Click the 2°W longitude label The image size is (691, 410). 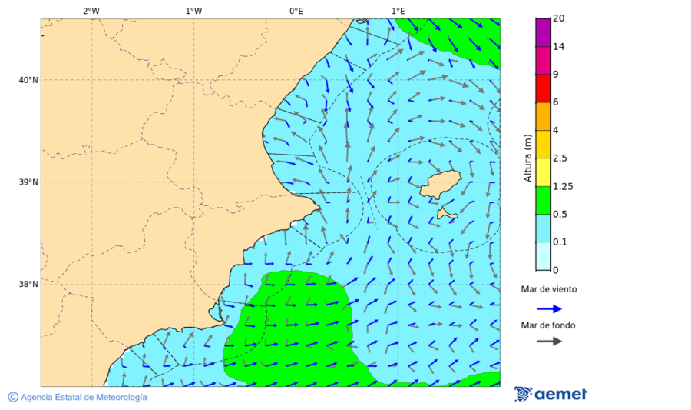91,11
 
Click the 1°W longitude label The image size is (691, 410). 193,11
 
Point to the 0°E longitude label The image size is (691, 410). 296,11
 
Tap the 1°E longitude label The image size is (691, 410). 398,11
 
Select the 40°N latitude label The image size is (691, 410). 28,80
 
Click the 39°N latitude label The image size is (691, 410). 28,182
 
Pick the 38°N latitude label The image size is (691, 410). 28,285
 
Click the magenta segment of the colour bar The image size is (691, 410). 544,32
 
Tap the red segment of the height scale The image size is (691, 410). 544,88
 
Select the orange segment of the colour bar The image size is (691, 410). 544,116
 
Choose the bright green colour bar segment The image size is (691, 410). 544,200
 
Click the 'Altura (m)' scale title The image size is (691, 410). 527,158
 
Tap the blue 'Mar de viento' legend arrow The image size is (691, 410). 549,308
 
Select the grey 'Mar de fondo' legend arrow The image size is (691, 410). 549,341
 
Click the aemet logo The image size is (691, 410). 550,394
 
